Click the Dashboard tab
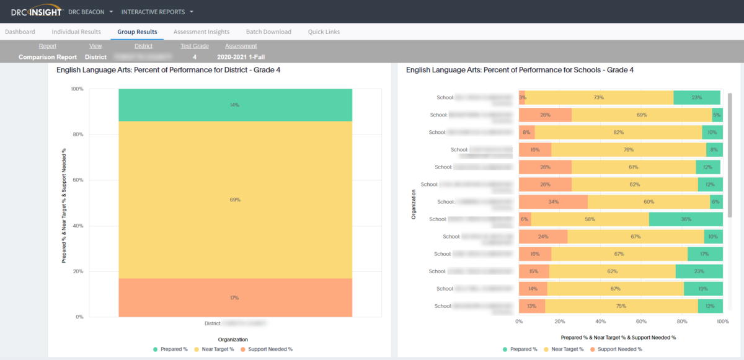tap(20, 32)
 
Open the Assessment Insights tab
tap(201, 32)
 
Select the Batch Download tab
tap(268, 32)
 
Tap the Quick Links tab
tap(324, 32)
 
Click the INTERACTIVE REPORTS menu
tap(157, 12)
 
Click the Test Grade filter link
tap(195, 46)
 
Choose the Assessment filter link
tap(241, 46)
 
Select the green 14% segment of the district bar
tap(235, 105)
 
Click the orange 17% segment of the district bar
tap(235, 297)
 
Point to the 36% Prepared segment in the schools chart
tap(686, 219)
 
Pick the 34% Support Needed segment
tap(553, 202)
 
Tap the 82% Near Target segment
tap(618, 133)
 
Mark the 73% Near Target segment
tap(598, 98)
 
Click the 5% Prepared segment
tap(717, 115)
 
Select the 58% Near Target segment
tap(590, 219)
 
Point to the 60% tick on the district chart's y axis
tap(79, 180)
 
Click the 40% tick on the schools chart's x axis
tap(600, 322)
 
